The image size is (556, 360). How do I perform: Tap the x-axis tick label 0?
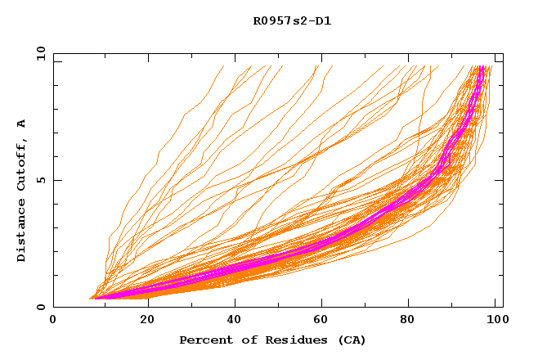53,321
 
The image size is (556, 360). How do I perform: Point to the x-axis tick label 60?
323,321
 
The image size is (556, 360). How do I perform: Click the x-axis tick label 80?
413,321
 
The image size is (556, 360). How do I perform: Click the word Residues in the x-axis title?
283,340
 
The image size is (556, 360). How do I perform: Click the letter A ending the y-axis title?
21,124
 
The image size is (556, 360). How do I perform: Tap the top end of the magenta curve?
482,67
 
